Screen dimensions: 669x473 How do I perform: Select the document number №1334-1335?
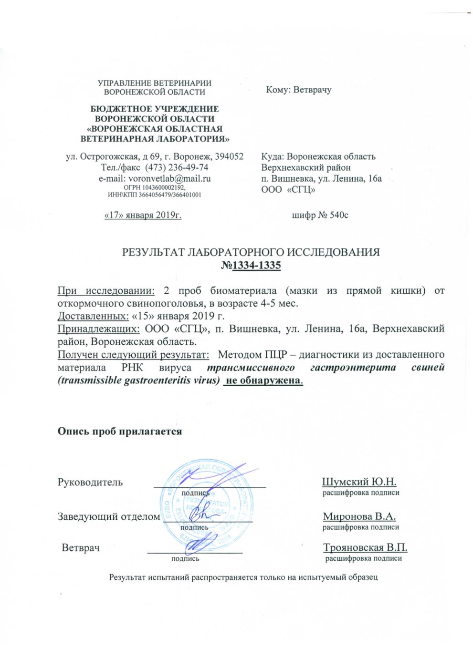point(251,266)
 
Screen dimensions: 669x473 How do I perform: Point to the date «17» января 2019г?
point(143,215)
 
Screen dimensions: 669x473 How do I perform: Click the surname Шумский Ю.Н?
point(359,482)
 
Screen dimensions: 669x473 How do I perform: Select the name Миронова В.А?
point(359,516)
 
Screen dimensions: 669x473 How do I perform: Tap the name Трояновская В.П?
point(365,547)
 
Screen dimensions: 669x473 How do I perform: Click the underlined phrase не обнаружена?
point(263,381)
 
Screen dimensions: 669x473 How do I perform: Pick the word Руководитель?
point(90,482)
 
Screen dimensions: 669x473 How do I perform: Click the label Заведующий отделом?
point(109,516)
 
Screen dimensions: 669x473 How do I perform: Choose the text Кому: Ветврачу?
point(299,90)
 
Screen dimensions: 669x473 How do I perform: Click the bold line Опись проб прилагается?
point(120,431)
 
